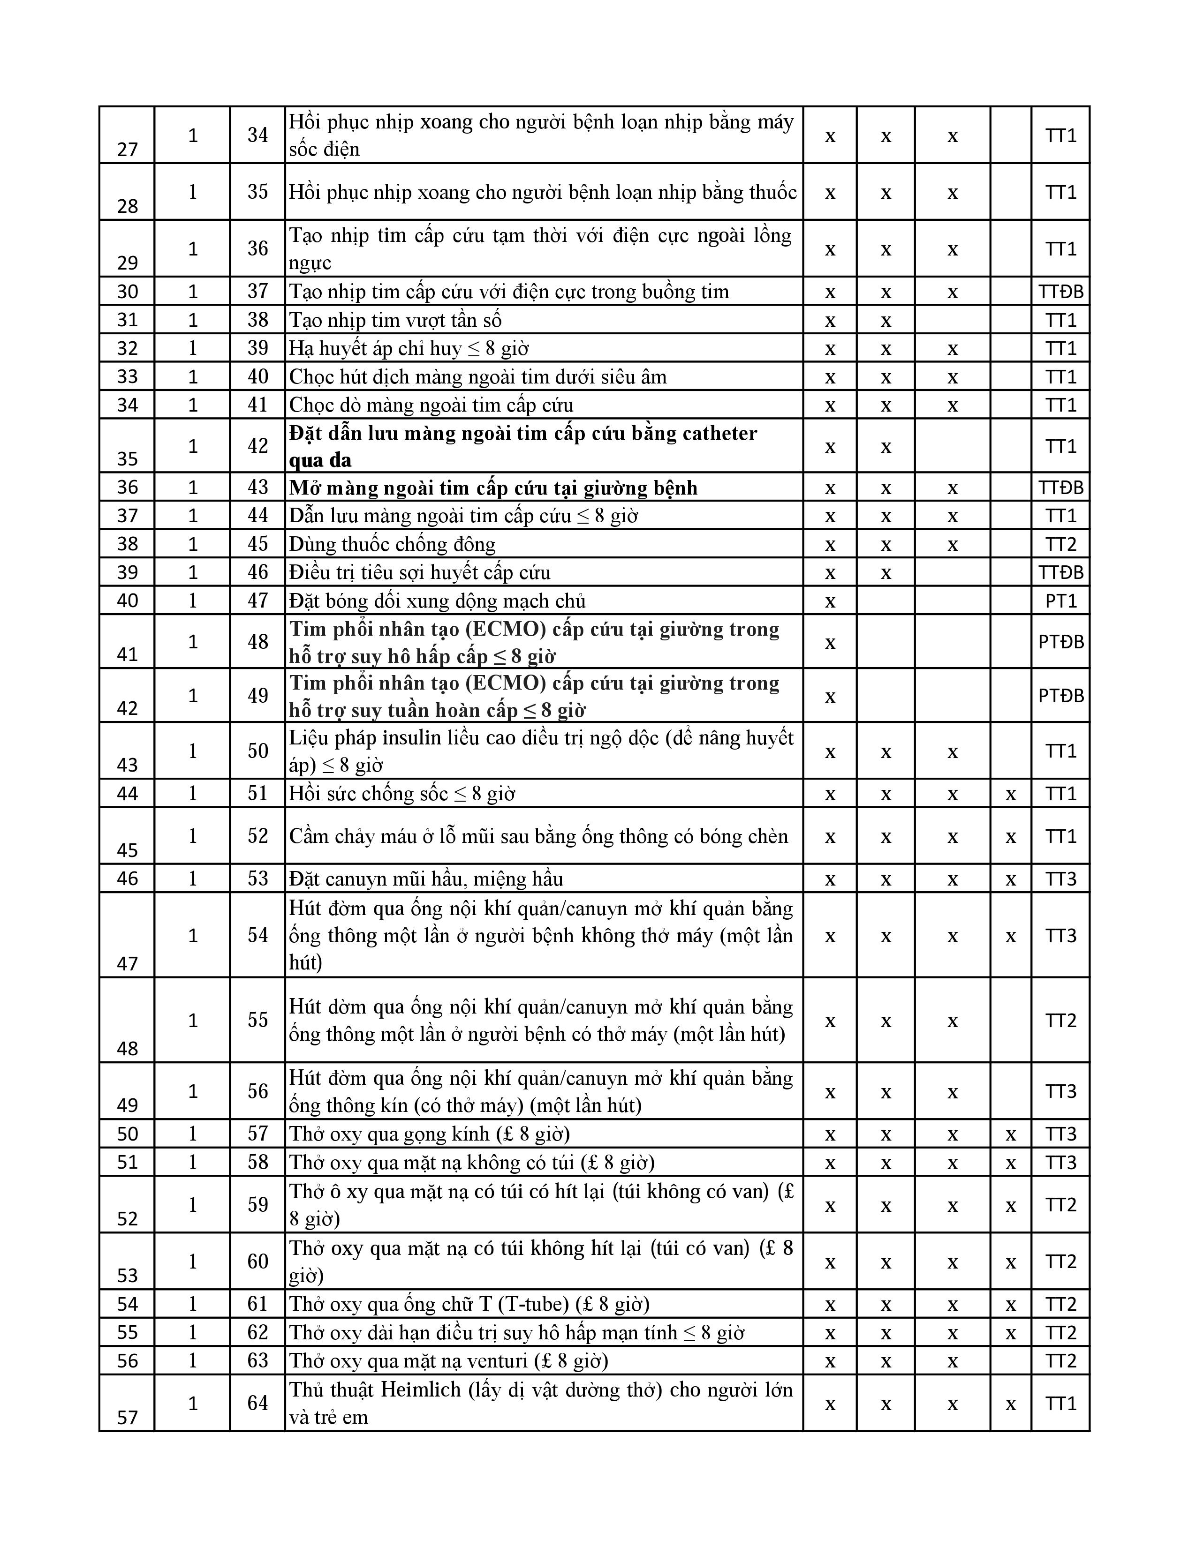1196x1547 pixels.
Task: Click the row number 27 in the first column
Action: point(128,150)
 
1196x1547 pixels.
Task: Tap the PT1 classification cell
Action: point(1060,601)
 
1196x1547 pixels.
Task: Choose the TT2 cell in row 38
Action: point(1060,544)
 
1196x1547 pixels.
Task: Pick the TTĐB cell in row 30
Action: point(1060,291)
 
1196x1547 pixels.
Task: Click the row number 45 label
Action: point(128,850)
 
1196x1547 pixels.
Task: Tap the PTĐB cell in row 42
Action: point(1060,696)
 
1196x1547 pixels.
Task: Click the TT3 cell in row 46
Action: point(1060,879)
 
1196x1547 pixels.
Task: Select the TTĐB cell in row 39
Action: point(1060,572)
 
